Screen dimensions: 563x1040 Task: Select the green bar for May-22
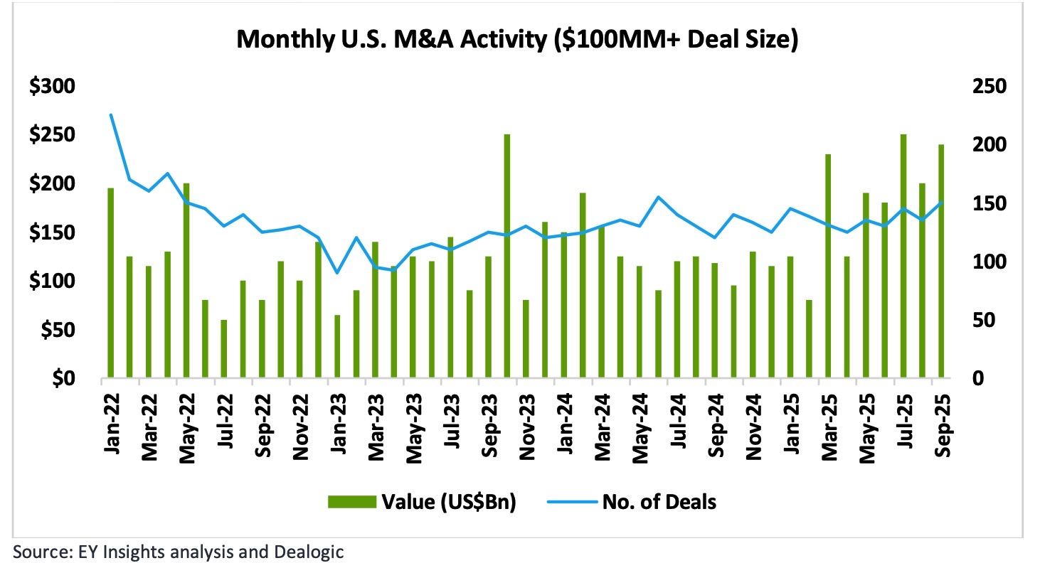[186, 280]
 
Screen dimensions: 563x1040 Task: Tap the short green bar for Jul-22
[223, 349]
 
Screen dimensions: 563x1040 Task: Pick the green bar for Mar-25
[828, 266]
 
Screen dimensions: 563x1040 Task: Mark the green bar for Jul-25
[903, 256]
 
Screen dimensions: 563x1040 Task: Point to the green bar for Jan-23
[337, 346]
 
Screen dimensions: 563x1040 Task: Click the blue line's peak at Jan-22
[111, 114]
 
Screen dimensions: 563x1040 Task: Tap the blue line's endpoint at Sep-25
[941, 203]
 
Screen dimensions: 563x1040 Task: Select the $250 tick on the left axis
[53, 135]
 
